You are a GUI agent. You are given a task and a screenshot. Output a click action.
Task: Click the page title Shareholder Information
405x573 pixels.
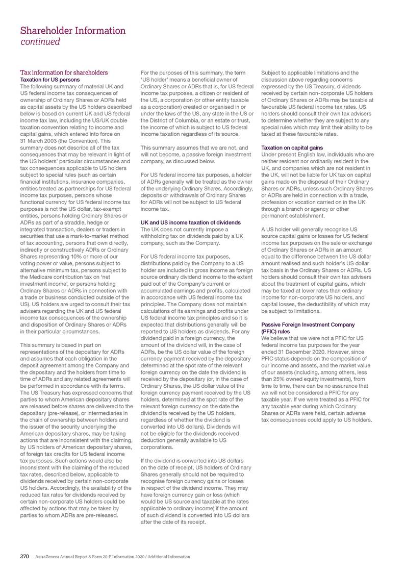(x=72, y=30)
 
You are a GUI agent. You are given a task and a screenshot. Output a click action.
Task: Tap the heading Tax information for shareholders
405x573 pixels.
(x=64, y=72)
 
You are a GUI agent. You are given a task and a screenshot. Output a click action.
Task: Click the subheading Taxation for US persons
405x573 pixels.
(x=50, y=80)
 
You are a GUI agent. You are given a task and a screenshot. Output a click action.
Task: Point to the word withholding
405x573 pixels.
(x=157, y=236)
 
